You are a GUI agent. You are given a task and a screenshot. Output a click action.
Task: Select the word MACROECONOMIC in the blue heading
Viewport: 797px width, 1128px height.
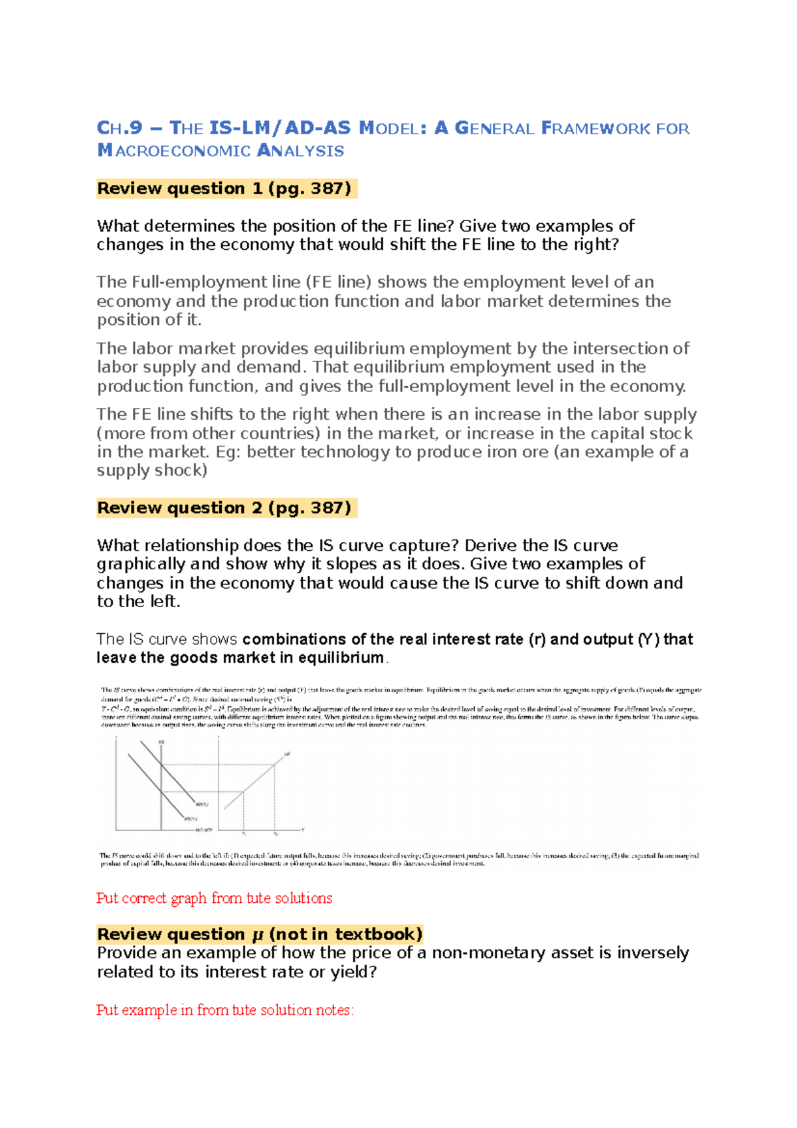173,151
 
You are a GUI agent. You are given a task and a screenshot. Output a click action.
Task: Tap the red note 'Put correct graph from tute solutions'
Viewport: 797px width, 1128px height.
214,898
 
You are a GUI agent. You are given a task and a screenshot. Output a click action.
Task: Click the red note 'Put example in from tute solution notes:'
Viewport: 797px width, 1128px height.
225,1010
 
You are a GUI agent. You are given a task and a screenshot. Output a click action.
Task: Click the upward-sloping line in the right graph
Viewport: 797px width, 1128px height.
256,784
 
